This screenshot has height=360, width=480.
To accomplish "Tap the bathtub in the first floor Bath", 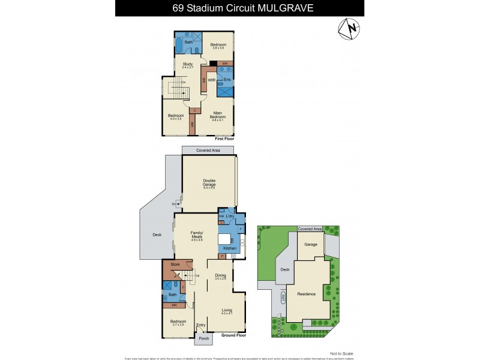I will [181, 46].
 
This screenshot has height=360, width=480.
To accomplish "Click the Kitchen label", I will [230, 248].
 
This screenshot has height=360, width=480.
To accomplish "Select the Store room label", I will [175, 264].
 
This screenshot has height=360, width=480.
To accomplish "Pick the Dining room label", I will [220, 276].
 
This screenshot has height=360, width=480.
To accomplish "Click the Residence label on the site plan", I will [307, 294].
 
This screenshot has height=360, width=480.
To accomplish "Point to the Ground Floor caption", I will [235, 335].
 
